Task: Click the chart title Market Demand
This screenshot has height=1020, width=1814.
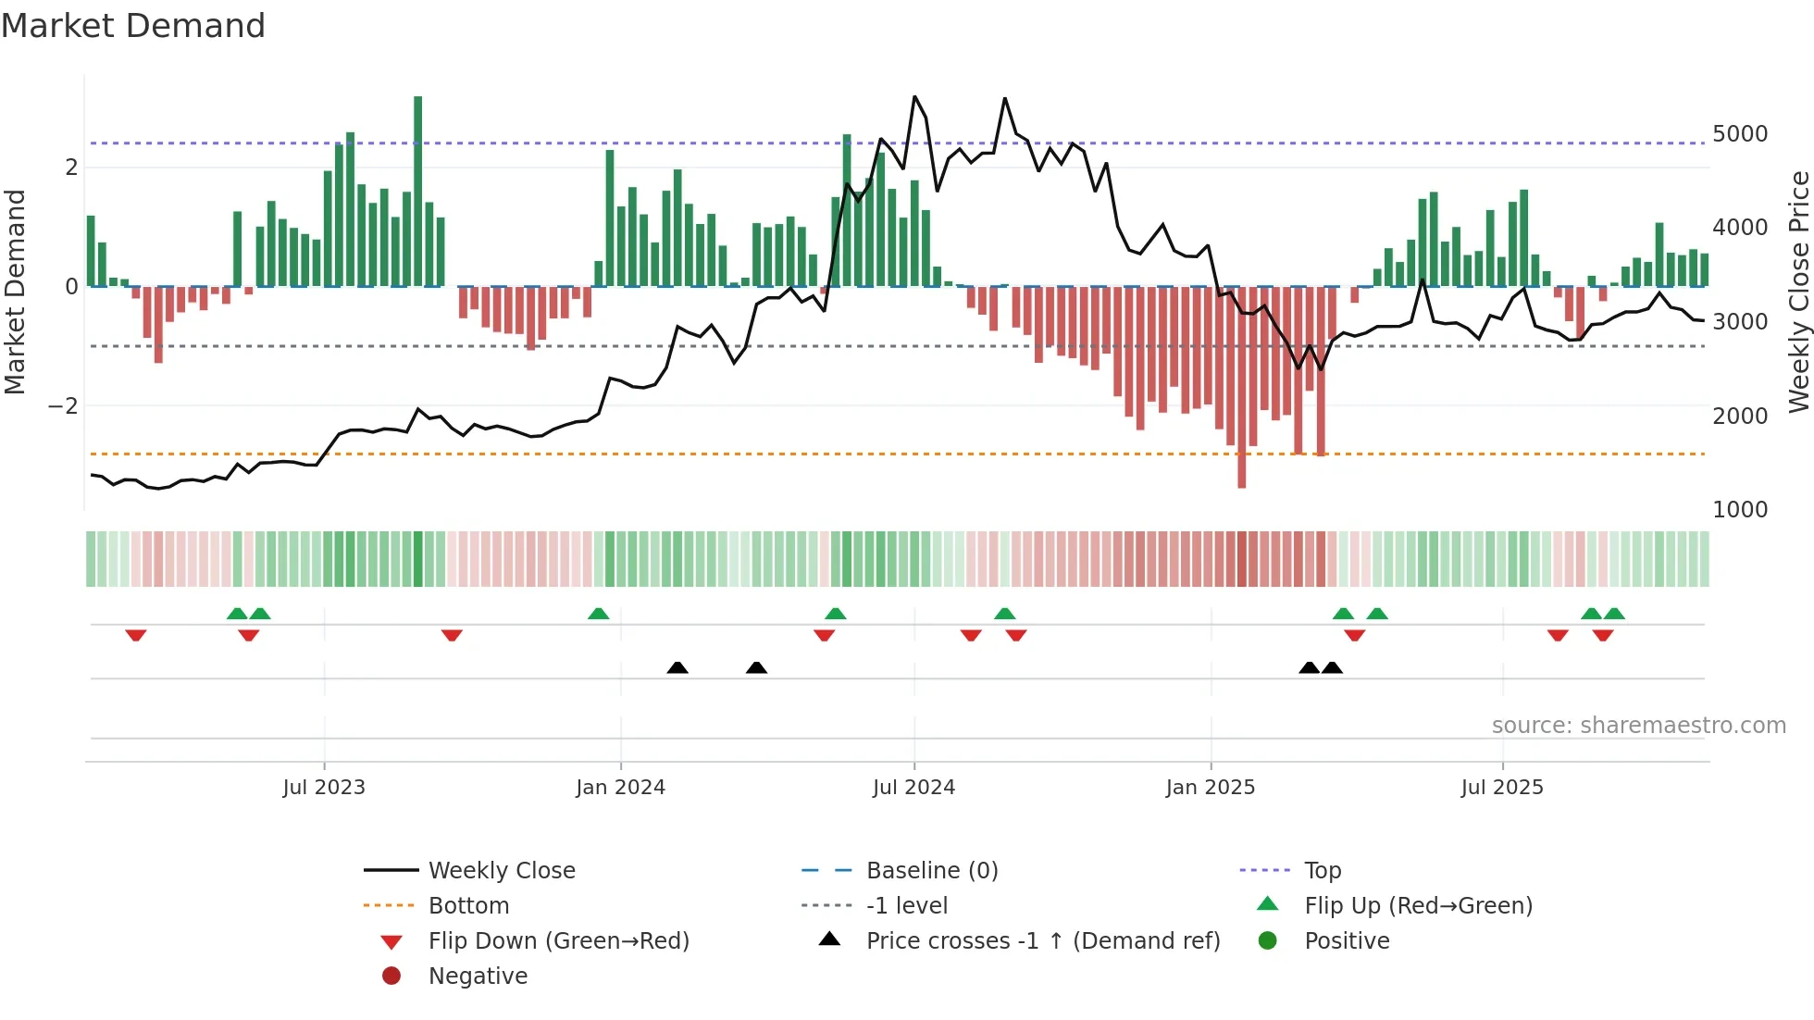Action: pos(133,26)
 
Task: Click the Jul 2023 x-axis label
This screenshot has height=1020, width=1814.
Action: pos(324,788)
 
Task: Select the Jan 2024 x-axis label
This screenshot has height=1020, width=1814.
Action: pos(620,788)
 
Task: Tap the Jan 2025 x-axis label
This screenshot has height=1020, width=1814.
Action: pos(1210,788)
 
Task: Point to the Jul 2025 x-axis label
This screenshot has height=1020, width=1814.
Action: pos(1502,788)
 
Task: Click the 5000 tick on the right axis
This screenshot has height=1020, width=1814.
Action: pos(1740,134)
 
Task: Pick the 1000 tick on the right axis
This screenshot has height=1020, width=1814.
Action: pos(1740,510)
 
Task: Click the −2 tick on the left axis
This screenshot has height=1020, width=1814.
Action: pos(63,406)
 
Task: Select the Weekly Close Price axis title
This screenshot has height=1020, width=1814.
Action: pos(1798,292)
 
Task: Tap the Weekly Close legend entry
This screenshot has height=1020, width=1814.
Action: pos(501,871)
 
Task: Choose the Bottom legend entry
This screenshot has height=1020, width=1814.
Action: pos(468,906)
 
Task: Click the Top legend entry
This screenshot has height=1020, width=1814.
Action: pos(1323,871)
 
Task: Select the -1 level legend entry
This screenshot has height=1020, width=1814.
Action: pos(906,906)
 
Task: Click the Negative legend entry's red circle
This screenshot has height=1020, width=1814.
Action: pos(391,976)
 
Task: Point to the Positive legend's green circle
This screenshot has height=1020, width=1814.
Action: pos(1268,941)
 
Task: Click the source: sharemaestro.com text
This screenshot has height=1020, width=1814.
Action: pos(1638,726)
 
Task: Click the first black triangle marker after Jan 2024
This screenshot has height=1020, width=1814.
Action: pos(677,668)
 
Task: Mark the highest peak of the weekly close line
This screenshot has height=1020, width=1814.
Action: pos(914,96)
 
